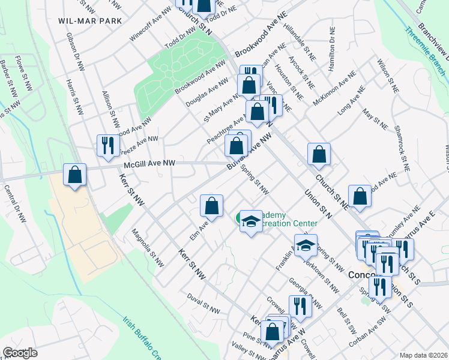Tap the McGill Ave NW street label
coord(149,163)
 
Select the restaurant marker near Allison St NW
coord(108,146)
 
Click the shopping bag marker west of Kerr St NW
coord(75,175)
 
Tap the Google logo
coord(20,352)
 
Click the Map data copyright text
coord(424,355)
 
